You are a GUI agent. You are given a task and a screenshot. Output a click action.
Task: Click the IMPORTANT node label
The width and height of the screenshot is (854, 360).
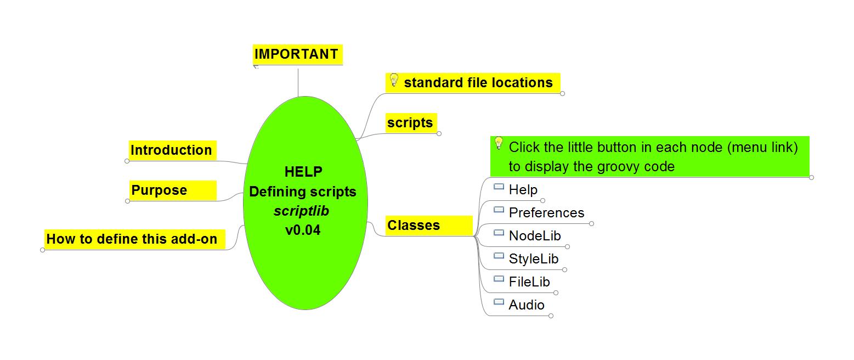[296, 54]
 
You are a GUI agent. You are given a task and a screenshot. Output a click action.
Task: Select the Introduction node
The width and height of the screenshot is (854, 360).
[171, 150]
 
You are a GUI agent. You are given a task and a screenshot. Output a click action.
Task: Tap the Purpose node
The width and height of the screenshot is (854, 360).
[159, 190]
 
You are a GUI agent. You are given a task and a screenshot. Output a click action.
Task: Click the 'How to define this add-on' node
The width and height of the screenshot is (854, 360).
[132, 239]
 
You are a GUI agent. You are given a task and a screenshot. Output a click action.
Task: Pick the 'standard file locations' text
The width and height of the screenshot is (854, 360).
[478, 83]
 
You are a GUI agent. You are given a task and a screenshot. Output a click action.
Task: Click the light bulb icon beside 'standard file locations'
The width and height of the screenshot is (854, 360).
[393, 80]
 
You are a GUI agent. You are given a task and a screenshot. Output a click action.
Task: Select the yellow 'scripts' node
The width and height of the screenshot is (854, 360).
[410, 123]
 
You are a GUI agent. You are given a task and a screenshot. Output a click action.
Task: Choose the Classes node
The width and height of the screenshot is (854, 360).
[414, 226]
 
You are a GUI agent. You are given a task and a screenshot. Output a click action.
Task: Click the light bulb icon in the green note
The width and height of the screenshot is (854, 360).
[499, 143]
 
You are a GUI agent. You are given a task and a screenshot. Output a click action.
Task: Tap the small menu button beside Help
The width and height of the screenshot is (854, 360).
[499, 187]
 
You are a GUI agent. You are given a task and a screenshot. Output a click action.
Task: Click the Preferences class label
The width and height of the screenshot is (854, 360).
[546, 213]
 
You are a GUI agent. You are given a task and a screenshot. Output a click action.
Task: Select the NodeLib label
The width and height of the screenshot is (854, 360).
[535, 236]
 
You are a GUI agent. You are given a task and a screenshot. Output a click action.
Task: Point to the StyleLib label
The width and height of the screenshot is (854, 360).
[534, 259]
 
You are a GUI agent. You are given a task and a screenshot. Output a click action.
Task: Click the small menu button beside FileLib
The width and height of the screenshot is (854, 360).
[499, 279]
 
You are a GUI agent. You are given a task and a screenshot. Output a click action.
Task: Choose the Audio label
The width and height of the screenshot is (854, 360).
[527, 305]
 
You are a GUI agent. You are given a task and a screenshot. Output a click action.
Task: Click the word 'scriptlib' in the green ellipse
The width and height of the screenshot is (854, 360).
[302, 211]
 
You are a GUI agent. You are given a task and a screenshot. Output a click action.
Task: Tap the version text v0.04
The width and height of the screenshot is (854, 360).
[303, 230]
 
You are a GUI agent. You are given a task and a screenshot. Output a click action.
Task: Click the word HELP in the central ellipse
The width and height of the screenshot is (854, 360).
[303, 172]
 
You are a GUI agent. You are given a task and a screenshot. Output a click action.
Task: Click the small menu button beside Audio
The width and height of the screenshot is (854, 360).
[499, 302]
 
